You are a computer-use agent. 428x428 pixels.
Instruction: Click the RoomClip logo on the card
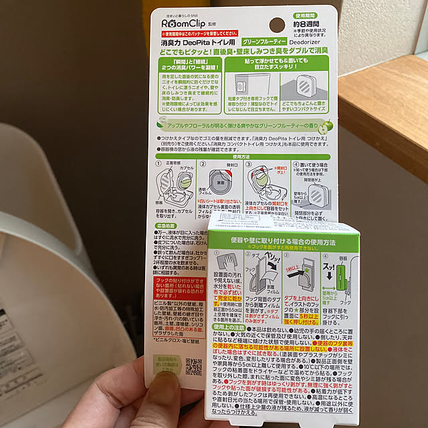(x=187, y=21)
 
